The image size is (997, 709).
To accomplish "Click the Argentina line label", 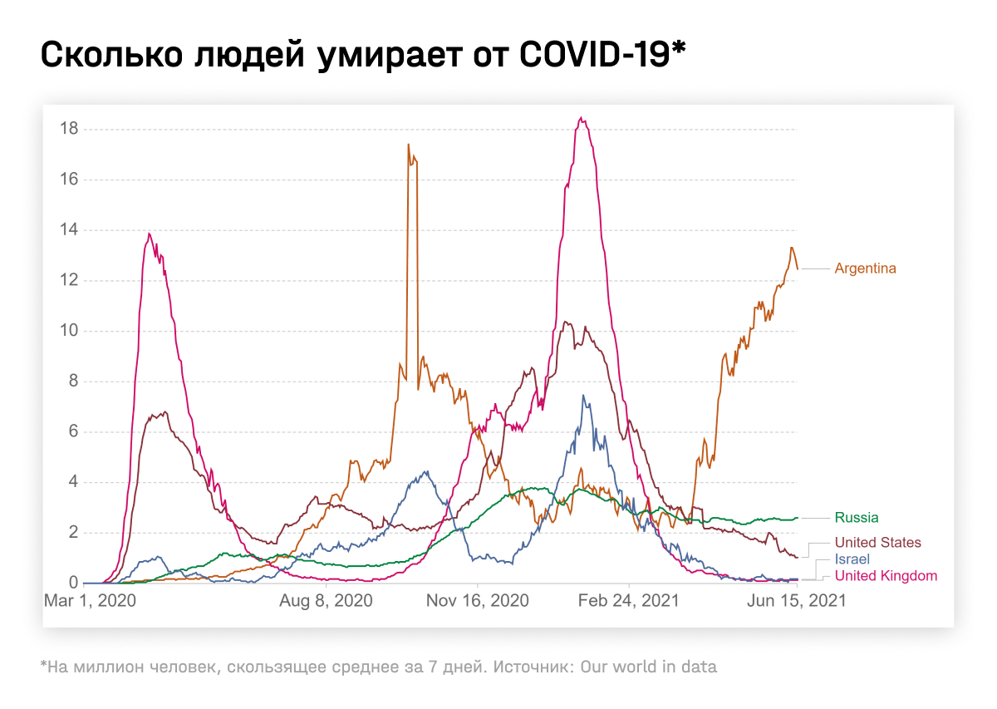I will pyautogui.click(x=865, y=268).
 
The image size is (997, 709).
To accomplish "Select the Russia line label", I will pyautogui.click(x=857, y=518).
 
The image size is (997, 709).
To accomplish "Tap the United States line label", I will pyautogui.click(x=877, y=543).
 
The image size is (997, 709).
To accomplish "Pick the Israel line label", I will pyautogui.click(x=852, y=559).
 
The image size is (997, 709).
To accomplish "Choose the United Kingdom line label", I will pyautogui.click(x=886, y=576).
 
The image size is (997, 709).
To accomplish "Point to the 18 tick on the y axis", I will pyautogui.click(x=69, y=129).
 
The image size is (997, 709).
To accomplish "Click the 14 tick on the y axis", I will pyautogui.click(x=69, y=230).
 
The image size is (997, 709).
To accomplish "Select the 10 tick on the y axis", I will pyautogui.click(x=69, y=331).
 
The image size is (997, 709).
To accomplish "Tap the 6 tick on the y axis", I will pyautogui.click(x=73, y=431).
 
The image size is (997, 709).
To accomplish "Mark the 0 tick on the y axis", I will pyautogui.click(x=73, y=583).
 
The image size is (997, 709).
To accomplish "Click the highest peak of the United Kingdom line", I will pyautogui.click(x=582, y=119).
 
